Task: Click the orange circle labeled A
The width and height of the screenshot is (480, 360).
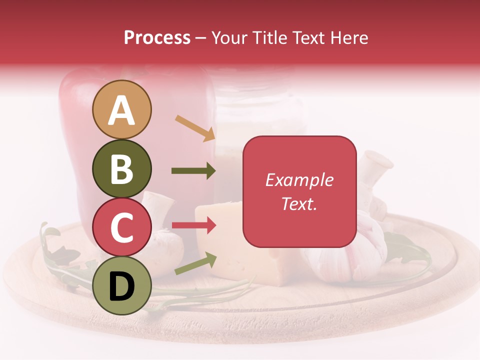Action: (121, 109)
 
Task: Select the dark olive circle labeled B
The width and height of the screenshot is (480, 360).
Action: (121, 168)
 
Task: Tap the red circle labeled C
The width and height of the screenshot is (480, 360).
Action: (121, 227)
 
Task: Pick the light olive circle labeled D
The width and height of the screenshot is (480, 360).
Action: (121, 286)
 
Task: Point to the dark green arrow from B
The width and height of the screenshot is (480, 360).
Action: (193, 171)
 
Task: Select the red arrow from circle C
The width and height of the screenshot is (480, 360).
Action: (193, 225)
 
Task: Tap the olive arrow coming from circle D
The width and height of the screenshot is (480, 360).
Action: (195, 263)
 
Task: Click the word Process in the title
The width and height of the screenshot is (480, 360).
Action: (157, 38)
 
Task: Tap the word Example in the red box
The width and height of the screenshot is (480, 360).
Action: (299, 180)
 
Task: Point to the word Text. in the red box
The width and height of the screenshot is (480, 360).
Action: (299, 203)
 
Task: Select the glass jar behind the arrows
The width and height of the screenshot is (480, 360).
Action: (260, 115)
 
